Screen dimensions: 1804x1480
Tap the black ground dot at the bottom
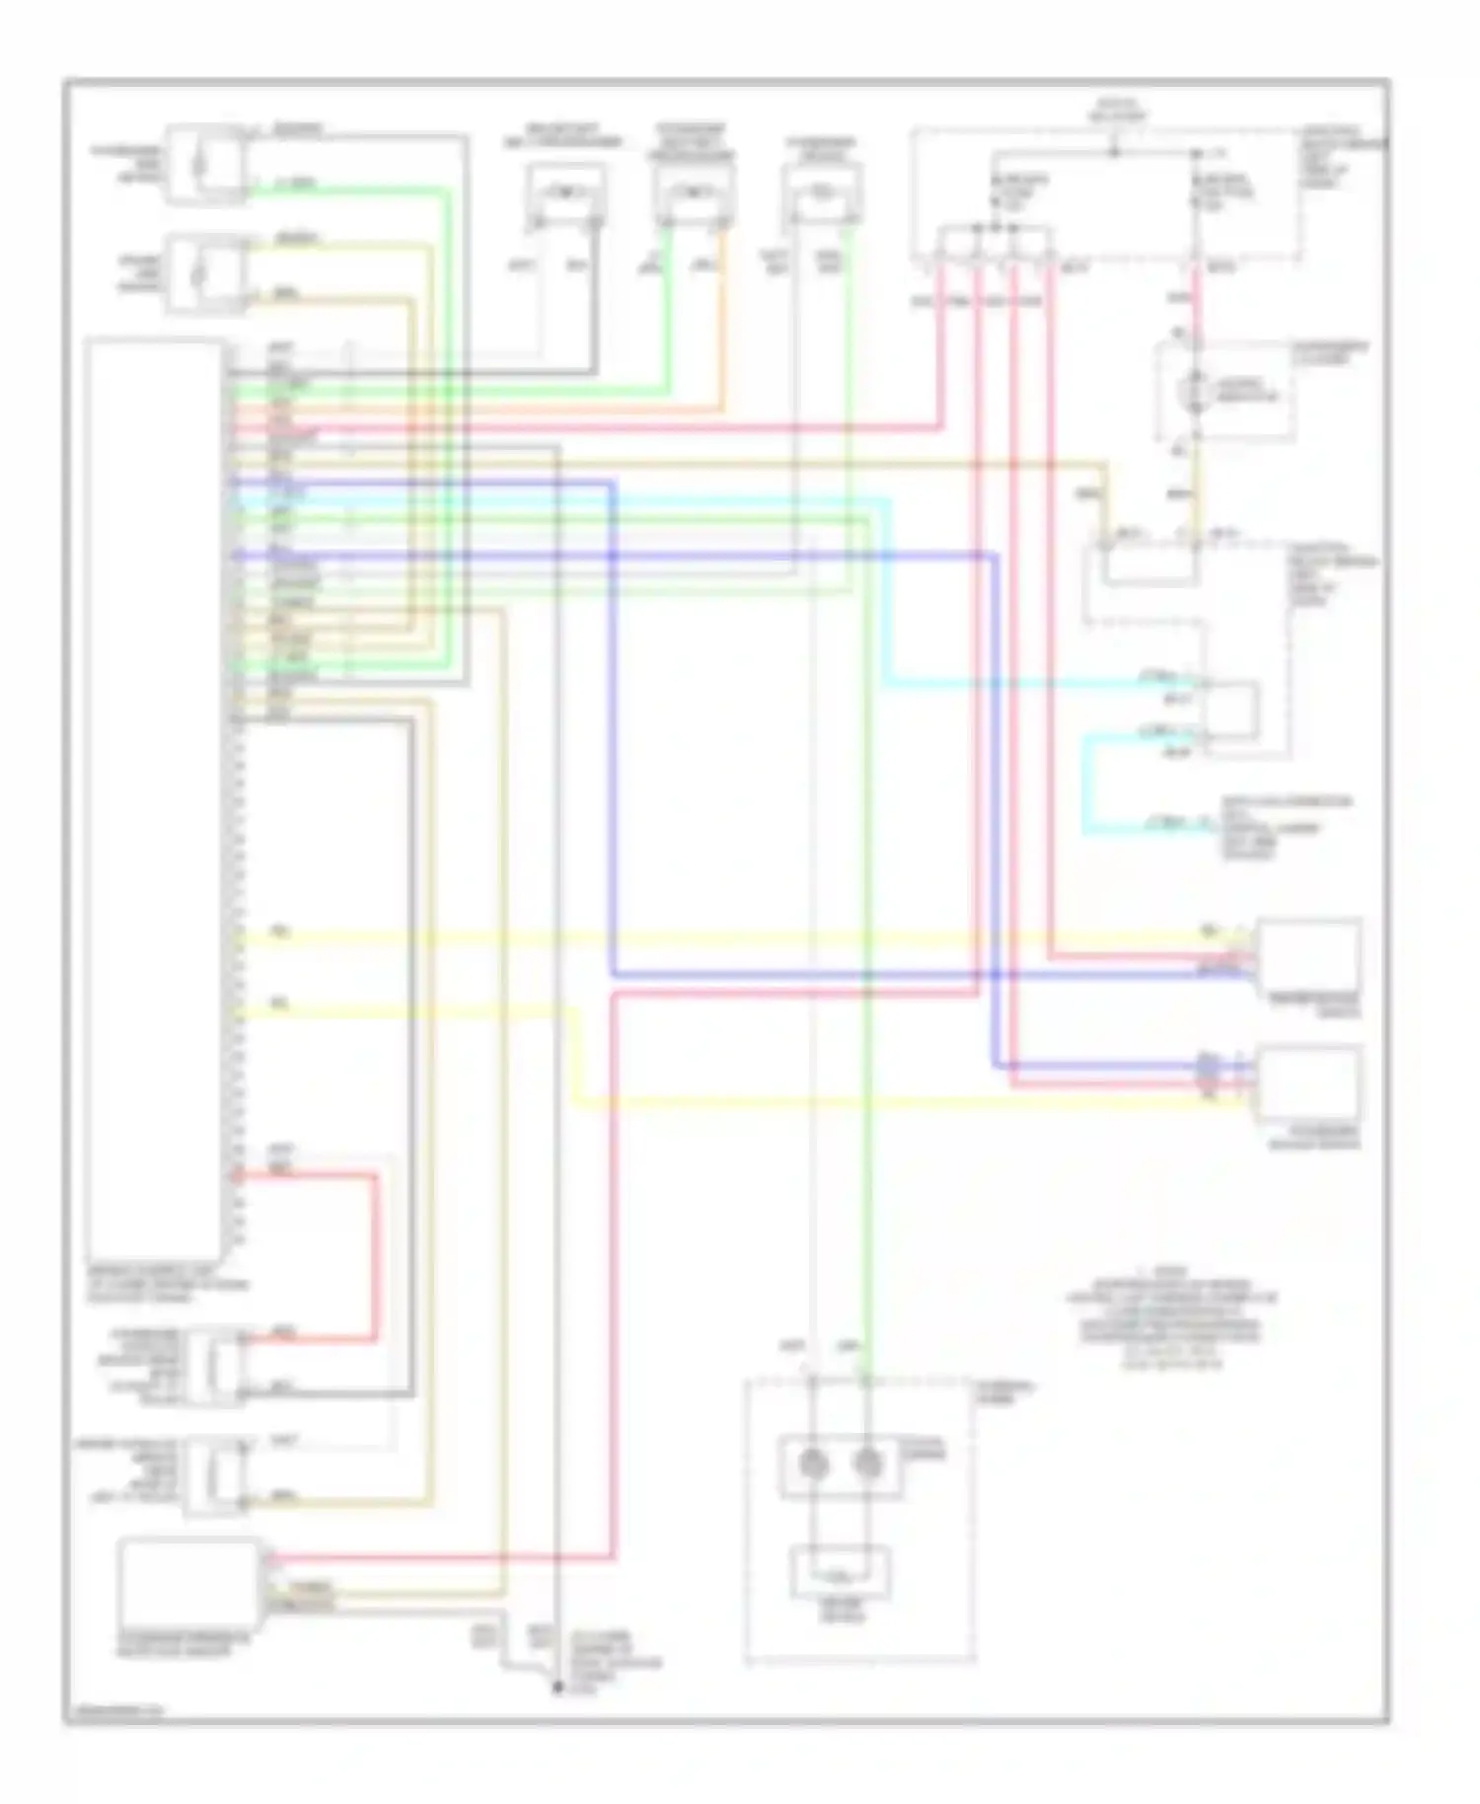(x=557, y=1689)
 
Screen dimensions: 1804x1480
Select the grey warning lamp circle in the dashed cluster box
(x=1197, y=392)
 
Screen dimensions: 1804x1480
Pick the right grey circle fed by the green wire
(x=866, y=1464)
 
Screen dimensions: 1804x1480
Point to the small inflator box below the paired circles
(x=841, y=1571)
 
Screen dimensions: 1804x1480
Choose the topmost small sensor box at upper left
(x=205, y=164)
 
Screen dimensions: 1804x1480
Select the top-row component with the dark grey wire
(x=565, y=196)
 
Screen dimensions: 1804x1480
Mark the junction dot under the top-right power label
(x=1114, y=152)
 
